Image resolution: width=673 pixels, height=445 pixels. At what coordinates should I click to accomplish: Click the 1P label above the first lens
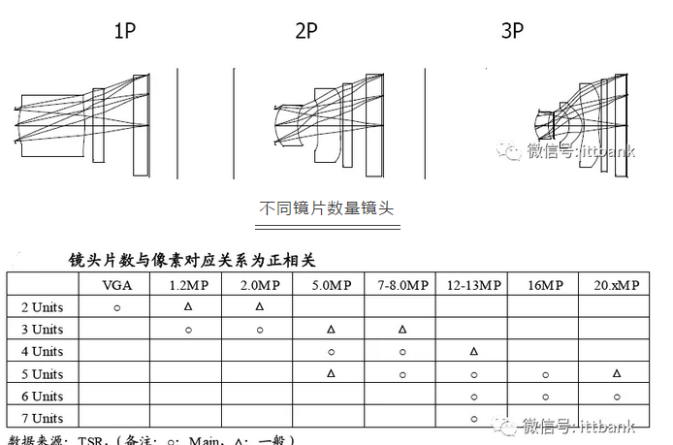pos(124,31)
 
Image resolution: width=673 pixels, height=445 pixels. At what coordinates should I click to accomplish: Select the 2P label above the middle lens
pos(306,31)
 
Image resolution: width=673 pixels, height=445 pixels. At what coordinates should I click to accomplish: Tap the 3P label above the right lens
pos(512,31)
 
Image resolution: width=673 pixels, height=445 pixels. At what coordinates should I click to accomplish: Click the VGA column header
pos(117,285)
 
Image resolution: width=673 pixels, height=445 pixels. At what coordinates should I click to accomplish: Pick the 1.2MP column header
pos(187,285)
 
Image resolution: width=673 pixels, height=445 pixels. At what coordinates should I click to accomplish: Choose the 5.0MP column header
pos(331,285)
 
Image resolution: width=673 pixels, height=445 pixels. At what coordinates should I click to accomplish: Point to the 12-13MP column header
pos(474,285)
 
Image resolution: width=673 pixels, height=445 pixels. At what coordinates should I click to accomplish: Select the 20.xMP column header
pos(617,285)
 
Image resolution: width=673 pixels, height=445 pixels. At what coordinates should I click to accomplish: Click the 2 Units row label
pos(42,306)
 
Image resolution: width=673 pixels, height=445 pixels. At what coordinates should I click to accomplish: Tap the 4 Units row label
pos(42,351)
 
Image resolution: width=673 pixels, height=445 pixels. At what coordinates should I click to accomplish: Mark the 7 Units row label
pos(42,418)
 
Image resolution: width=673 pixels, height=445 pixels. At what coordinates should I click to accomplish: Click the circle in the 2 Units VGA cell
pos(117,306)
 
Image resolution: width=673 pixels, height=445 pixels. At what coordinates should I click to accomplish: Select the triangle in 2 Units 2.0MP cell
pos(259,306)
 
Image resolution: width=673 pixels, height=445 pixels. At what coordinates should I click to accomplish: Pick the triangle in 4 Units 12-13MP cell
pos(474,351)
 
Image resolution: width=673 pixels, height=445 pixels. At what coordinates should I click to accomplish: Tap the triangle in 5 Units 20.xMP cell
pos(617,373)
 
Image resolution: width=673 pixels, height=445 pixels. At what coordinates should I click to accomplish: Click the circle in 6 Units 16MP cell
pos(546,396)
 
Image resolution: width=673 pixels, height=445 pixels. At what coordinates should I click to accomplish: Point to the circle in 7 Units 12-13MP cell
pos(474,418)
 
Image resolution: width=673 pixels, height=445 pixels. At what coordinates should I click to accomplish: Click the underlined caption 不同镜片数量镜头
pos(327,207)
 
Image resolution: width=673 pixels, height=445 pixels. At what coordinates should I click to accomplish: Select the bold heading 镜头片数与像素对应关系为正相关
pos(192,260)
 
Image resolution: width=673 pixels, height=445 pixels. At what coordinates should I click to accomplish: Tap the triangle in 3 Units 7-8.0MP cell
pos(402,329)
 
